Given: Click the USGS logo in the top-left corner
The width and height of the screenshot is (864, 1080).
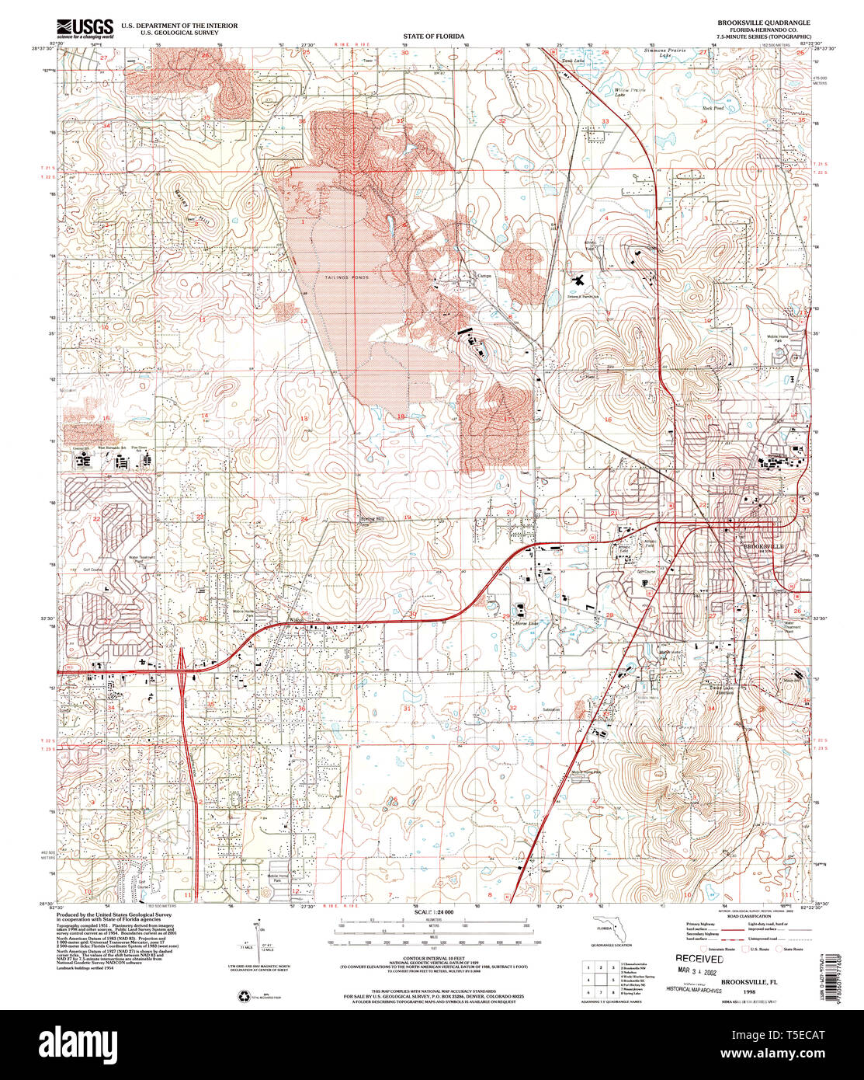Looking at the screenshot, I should point(85,28).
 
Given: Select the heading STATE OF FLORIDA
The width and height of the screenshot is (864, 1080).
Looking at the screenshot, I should point(433,37).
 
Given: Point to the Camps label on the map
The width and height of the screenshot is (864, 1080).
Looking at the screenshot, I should point(484,275).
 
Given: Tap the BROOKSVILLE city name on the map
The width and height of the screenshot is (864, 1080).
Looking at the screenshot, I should point(764,547).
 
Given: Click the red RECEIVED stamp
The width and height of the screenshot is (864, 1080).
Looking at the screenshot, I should point(699,959).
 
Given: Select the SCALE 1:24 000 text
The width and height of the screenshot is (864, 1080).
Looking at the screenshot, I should point(434,911).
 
